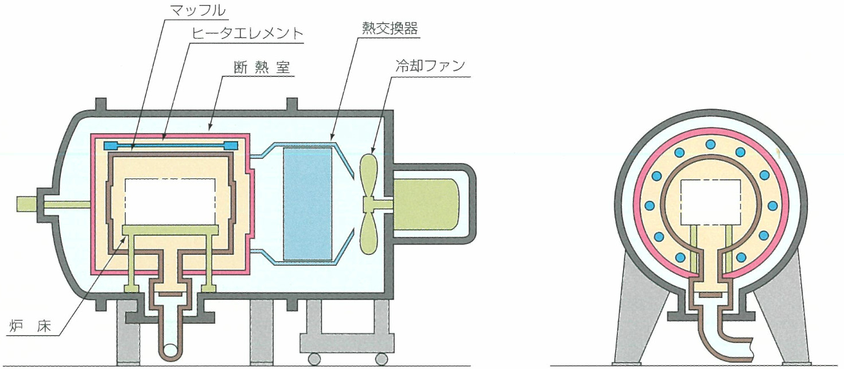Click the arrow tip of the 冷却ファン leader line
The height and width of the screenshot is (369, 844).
(372, 153)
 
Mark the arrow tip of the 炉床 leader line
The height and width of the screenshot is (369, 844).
(126, 237)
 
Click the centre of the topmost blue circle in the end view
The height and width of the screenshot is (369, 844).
(711, 145)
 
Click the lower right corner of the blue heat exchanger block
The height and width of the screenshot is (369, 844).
(332, 260)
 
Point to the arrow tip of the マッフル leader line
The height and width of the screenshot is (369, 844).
(132, 152)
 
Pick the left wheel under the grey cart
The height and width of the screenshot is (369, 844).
(314, 357)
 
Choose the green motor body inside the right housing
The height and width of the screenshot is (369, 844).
(426, 205)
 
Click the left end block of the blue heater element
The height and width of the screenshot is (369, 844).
(111, 145)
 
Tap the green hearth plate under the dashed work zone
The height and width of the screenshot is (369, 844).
(170, 230)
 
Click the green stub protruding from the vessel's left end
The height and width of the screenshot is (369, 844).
(26, 204)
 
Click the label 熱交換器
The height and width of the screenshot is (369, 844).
(390, 28)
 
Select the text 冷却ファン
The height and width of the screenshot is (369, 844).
(430, 67)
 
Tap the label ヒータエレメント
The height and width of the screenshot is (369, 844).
(247, 33)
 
